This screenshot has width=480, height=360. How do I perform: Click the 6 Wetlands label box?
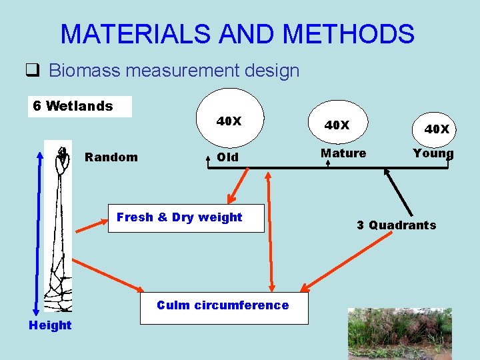pos(79,106)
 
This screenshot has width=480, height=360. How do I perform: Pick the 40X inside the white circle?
pos(229,121)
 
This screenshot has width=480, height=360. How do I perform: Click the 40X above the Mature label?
pos(337,125)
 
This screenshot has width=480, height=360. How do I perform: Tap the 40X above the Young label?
pos(437,129)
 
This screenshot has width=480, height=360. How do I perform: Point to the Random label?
pos(111,157)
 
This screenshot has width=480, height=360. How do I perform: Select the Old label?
pos(227,157)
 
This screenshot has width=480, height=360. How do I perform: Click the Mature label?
pos(343,153)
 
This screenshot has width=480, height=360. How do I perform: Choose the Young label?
pos(433,153)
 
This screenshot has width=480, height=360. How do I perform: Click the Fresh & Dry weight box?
pos(186,217)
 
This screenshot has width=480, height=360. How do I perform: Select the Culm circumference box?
pos(223,305)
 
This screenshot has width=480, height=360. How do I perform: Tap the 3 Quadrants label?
pos(396,225)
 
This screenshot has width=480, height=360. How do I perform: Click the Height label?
pos(49,325)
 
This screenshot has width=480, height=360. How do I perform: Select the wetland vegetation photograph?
pos(399,333)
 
